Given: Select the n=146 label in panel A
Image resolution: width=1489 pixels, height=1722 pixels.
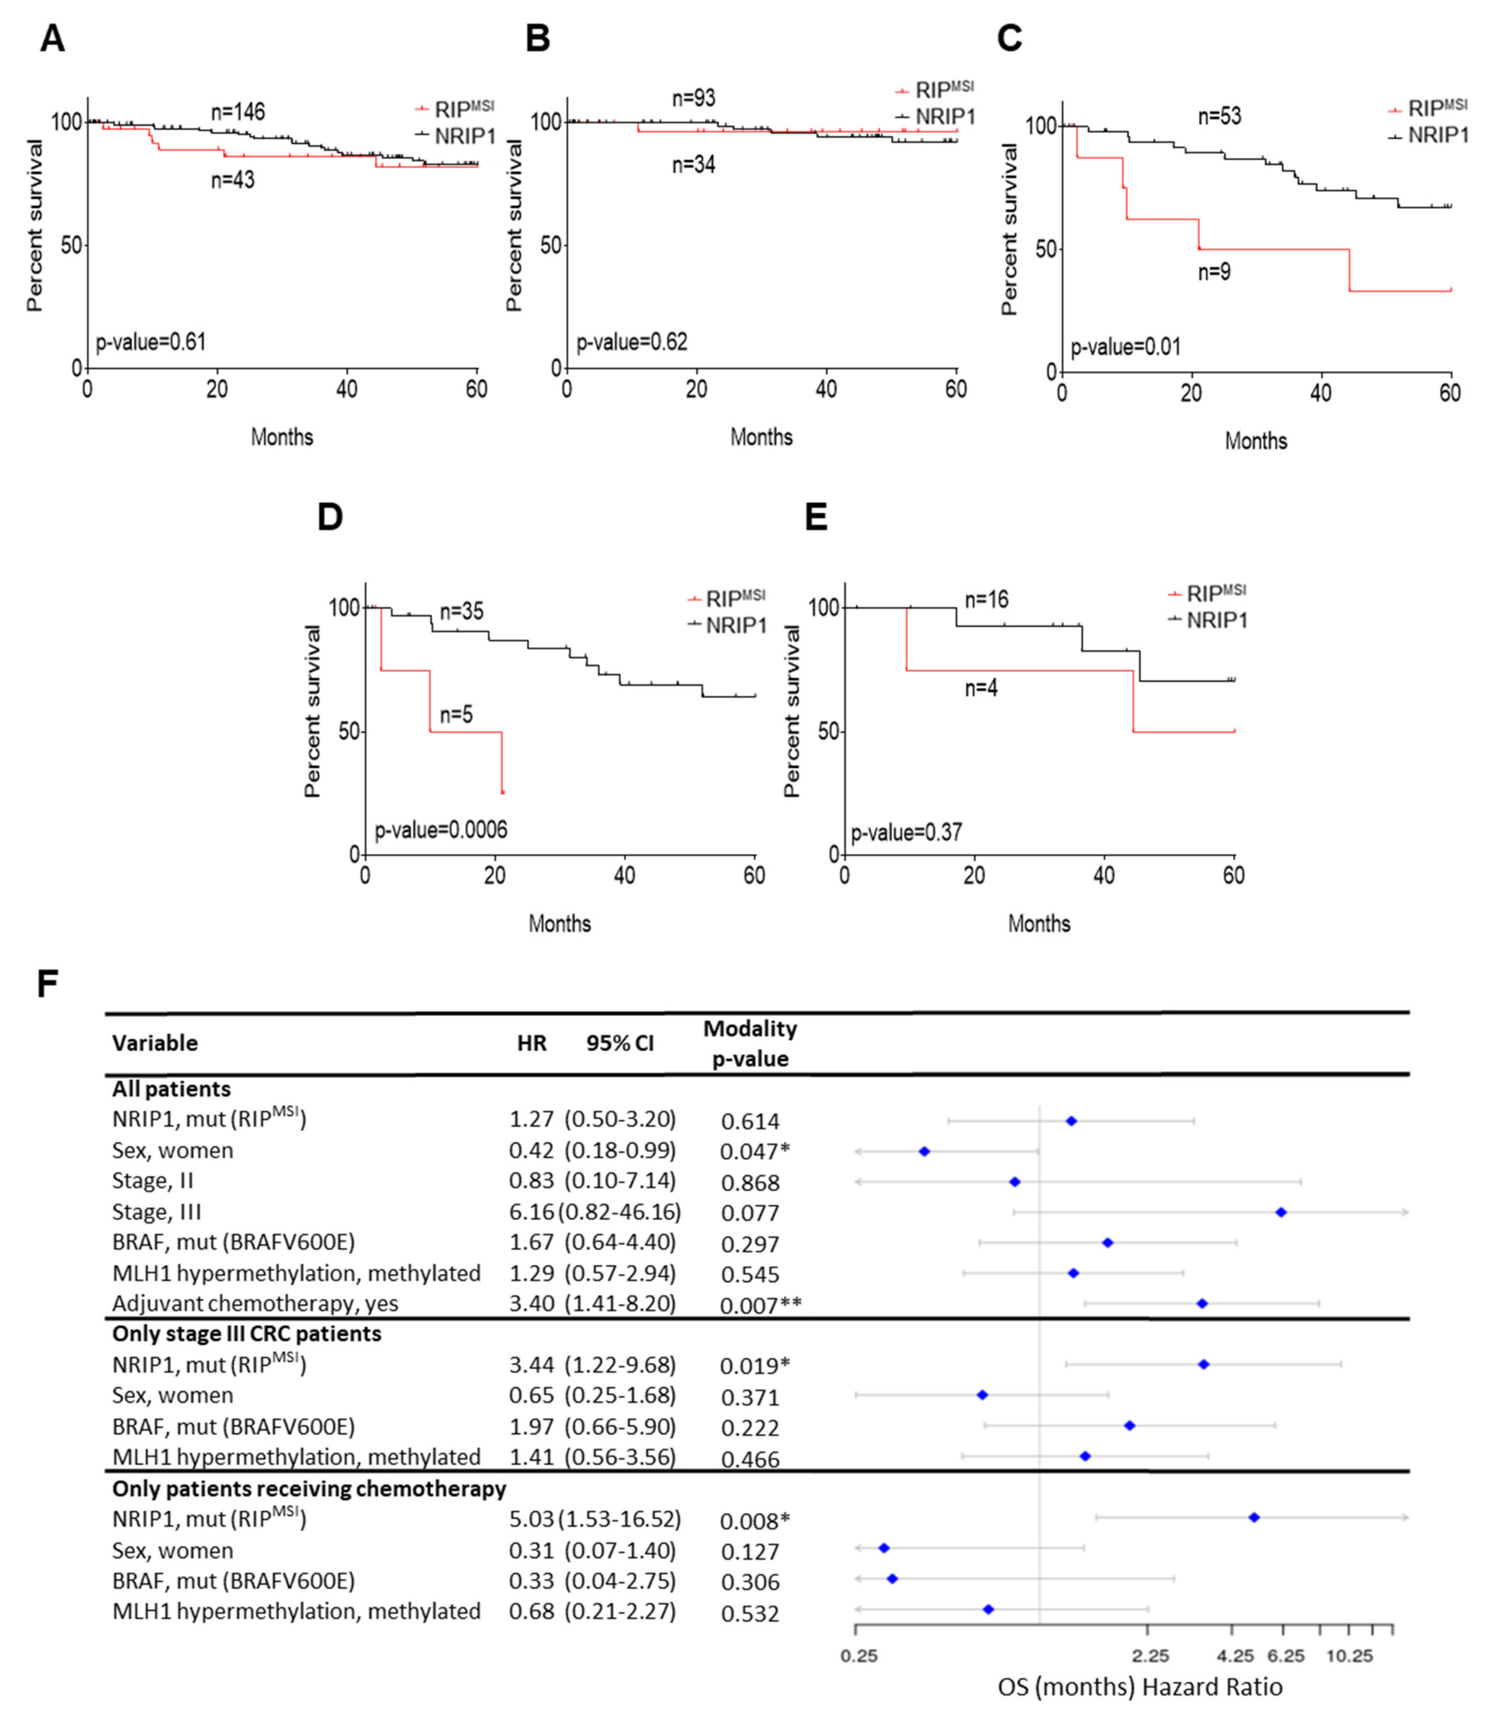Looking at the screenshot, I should click(x=238, y=112).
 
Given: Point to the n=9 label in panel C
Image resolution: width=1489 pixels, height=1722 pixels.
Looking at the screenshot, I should click(x=1214, y=272).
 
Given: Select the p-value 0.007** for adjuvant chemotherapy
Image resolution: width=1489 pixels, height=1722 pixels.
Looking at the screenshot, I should click(x=760, y=1305).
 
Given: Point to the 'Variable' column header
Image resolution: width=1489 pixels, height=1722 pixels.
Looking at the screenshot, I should click(x=156, y=1043).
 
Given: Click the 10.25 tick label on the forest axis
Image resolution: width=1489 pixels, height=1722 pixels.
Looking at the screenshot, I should click(x=1349, y=1656).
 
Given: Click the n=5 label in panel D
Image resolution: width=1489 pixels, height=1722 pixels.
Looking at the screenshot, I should click(x=456, y=715).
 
